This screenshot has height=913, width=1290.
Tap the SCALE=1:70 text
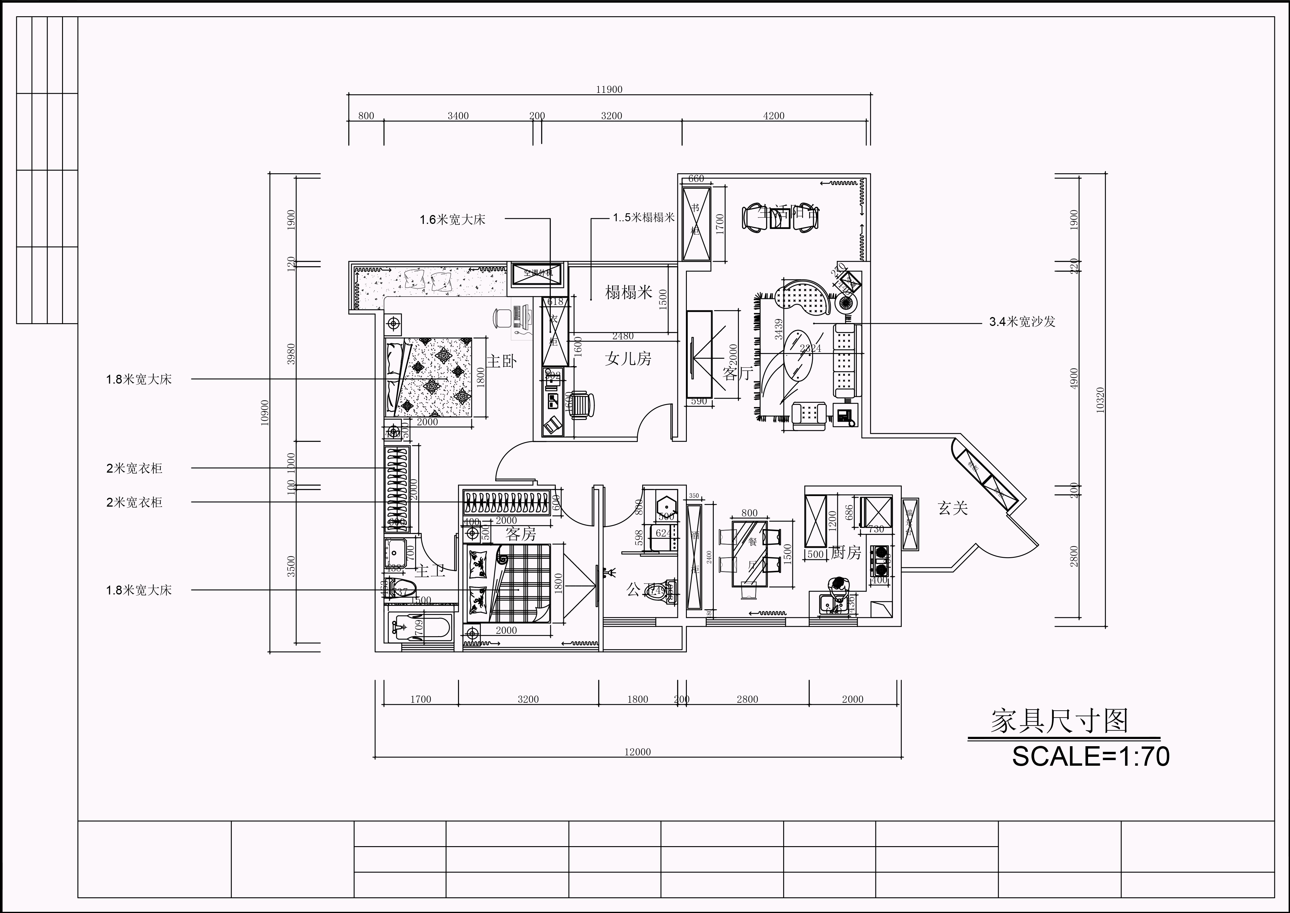pos(1090,757)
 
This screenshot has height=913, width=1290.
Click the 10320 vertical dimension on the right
pos(1100,400)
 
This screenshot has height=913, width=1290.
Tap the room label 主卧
pos(501,361)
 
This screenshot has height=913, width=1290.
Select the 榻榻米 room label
pos(628,292)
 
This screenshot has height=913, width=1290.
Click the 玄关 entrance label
pos(953,508)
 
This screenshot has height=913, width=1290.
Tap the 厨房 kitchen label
pos(846,553)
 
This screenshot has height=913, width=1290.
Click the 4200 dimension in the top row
pos(773,116)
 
